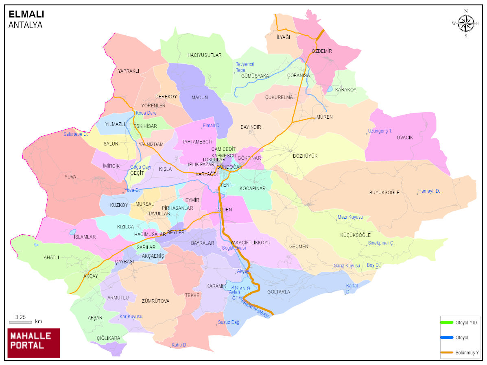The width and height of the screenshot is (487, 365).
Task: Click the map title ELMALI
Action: point(26,14)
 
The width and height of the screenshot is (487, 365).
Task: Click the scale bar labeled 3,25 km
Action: point(20,322)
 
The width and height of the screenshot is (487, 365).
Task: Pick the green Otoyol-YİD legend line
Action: point(447,322)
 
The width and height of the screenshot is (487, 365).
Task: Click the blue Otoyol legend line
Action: point(447,337)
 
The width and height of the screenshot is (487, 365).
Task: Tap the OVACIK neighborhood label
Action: point(404,138)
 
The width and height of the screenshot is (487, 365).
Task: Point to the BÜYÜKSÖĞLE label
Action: point(384,192)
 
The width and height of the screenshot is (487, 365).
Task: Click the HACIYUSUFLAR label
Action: point(204,55)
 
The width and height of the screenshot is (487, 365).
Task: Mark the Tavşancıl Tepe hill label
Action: point(245,67)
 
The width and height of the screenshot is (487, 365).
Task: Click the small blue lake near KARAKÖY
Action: point(330,89)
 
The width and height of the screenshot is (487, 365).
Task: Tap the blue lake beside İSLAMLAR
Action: point(72,232)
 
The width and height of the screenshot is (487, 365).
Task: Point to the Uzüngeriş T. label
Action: point(380,131)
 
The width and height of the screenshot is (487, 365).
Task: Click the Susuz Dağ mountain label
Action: point(228,323)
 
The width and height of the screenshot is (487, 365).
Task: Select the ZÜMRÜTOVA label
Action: point(155,301)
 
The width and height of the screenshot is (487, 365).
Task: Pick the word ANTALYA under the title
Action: point(25,25)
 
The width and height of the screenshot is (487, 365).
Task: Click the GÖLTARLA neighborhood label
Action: point(279,292)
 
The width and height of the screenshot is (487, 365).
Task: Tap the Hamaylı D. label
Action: point(429,191)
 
